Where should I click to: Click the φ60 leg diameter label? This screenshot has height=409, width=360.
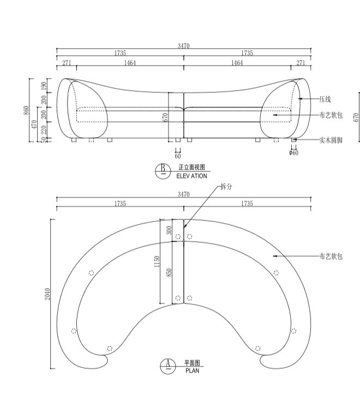(x=293, y=153)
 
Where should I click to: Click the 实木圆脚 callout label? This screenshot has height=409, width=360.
(x=331, y=140)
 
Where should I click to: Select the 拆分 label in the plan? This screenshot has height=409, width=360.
(x=226, y=187)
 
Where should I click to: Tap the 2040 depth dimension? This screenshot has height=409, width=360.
(x=48, y=294)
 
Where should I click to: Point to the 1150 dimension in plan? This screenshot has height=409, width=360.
(x=157, y=261)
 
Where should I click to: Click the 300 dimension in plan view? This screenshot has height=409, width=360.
(x=169, y=230)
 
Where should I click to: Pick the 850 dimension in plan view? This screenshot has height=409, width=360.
(x=169, y=272)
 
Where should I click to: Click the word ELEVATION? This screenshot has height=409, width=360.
(x=191, y=176)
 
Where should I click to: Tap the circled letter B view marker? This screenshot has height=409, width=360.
(x=162, y=171)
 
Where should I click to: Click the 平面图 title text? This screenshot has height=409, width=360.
(x=192, y=363)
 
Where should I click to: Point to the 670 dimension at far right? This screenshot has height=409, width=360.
(x=356, y=117)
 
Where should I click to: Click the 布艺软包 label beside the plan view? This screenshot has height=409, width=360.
(x=331, y=255)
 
